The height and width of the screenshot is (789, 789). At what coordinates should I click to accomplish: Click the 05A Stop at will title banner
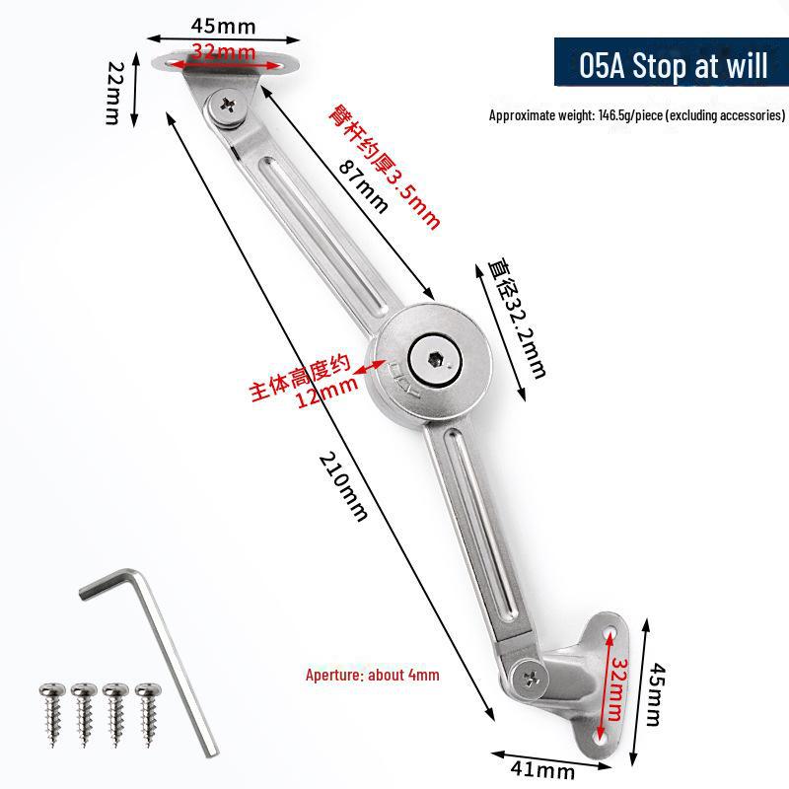coord(672,62)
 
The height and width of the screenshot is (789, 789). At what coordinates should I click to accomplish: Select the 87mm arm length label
coord(363,186)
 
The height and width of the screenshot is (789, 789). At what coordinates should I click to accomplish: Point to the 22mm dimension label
coord(115,93)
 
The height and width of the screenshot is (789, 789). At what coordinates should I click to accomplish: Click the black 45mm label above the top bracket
coord(223,27)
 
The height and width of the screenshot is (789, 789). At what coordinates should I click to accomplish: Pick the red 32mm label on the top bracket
coord(224,51)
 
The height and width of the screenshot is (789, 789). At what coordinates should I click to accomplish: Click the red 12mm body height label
coord(326,392)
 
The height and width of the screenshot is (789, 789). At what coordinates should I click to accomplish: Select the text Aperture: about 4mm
coord(373,675)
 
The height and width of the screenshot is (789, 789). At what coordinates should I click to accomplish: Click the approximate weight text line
coord(637,115)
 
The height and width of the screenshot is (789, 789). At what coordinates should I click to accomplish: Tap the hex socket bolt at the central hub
coord(435,360)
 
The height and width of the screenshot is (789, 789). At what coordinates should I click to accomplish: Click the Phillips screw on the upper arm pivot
coord(228,106)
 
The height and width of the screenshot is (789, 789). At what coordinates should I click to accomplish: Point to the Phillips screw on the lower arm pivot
coord(532,680)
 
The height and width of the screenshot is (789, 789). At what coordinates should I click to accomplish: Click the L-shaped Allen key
coord(151,654)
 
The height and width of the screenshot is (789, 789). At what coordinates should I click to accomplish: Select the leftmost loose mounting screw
coord(52,713)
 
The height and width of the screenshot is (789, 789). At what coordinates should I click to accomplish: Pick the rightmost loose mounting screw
coord(148,713)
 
